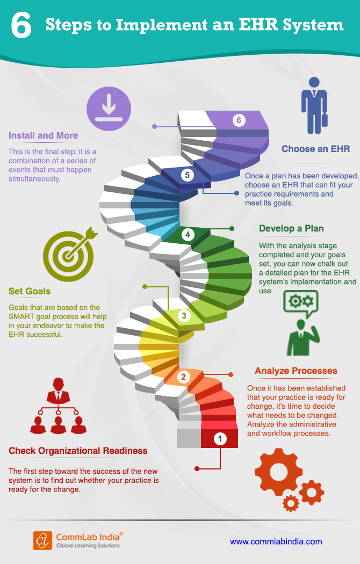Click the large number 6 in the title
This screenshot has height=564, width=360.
point(21,26)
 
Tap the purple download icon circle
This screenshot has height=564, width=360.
point(109,109)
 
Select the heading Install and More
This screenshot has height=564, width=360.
point(43,135)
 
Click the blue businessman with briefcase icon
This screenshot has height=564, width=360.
point(314,106)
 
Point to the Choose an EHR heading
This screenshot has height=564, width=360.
point(316,149)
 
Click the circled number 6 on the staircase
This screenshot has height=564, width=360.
point(239,120)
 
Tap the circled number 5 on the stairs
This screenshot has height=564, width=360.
point(187,175)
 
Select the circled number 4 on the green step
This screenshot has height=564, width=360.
point(188,235)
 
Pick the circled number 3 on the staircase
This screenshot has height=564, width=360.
point(184,316)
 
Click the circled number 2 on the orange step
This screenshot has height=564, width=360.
point(183,377)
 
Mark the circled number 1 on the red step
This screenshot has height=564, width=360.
point(220,438)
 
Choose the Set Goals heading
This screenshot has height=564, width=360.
point(30,291)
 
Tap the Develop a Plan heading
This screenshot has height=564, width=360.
point(291,228)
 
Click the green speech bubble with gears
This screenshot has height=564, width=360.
point(301,304)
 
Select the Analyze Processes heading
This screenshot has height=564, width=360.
point(296,371)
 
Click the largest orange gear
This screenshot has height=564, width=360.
point(278,472)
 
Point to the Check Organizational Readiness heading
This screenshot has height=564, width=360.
point(78,451)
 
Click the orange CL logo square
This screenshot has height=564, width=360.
point(42,540)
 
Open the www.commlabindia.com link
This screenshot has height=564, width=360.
point(276,541)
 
